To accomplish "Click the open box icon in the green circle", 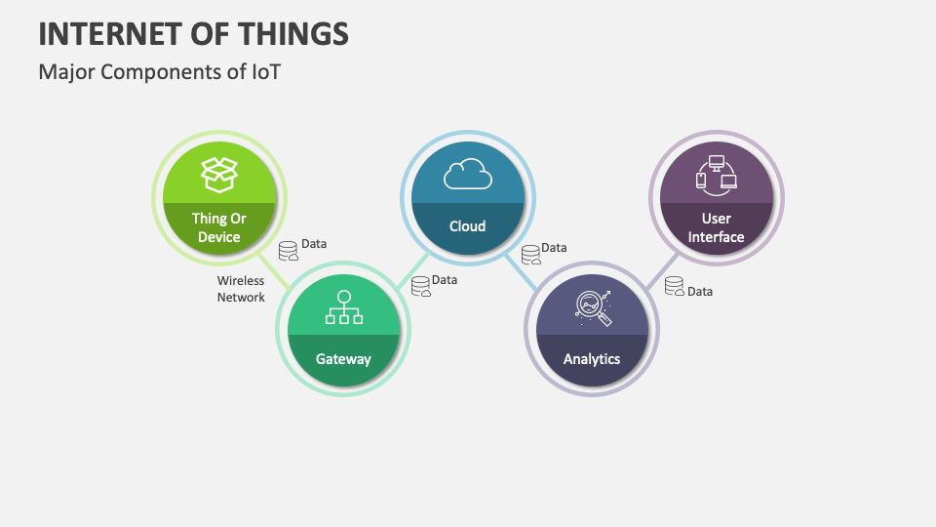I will coord(219,174).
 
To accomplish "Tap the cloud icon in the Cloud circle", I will coord(467,174).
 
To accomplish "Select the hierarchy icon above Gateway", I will coord(343,306).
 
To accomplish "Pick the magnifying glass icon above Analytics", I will coord(592,306).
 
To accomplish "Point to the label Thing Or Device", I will coord(219,227).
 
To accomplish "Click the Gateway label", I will coord(343,359).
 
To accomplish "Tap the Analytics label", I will coord(592,359).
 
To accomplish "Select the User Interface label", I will coord(716,227).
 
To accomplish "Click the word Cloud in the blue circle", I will coord(467,226).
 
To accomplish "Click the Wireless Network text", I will coord(241,289).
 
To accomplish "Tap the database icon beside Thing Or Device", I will coord(289,252).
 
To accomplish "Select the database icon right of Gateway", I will coord(420,287).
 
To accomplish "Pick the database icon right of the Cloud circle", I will coord(531,256).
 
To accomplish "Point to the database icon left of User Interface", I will coord(675,287).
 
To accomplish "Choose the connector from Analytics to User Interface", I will coord(660,272).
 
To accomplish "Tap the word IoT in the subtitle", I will coord(263,71).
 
